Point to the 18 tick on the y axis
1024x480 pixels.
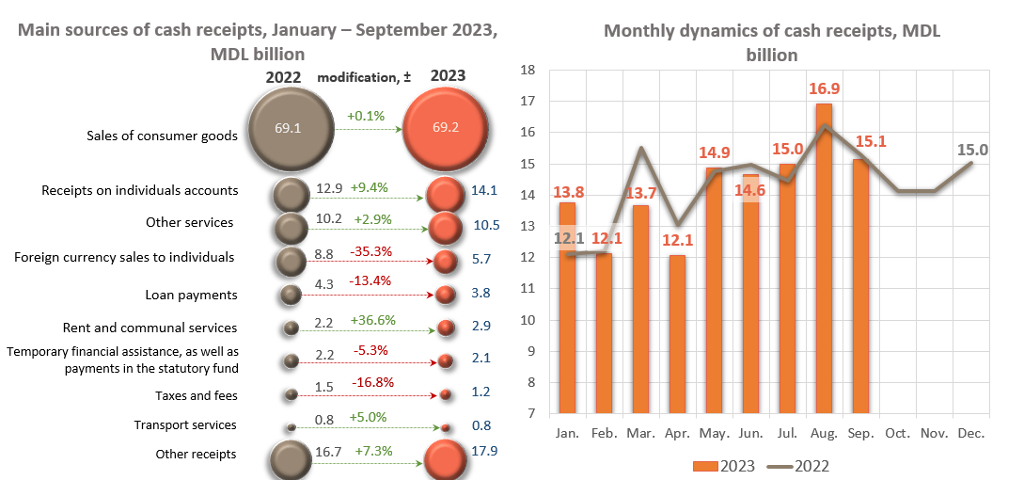click(x=528, y=71)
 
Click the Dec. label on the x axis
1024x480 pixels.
click(x=970, y=434)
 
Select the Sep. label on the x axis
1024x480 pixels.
click(x=860, y=434)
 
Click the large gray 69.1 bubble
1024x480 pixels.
click(x=289, y=127)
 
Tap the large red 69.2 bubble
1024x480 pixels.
click(x=445, y=127)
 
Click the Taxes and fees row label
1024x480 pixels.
click(x=197, y=396)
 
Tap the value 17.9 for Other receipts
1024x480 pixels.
click(x=486, y=452)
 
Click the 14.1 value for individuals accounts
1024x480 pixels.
click(x=485, y=190)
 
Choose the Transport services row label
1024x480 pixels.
click(x=185, y=425)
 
